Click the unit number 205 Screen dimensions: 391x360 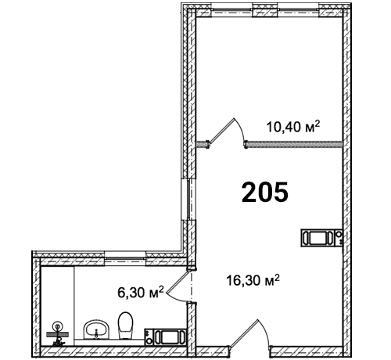[x=265, y=193]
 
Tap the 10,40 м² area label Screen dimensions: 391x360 [x=292, y=127]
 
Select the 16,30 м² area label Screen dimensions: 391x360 [x=253, y=280]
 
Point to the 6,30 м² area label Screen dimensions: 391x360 [x=141, y=292]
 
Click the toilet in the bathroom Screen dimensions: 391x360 [x=125, y=326]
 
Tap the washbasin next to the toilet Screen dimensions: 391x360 [x=96, y=329]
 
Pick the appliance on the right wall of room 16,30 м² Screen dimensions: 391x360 [x=321, y=238]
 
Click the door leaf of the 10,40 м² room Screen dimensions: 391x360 [x=221, y=131]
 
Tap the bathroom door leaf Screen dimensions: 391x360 [x=177, y=281]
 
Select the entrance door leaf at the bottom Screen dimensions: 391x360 [x=244, y=333]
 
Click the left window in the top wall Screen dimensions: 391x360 [x=231, y=10]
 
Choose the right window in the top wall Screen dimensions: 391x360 [x=298, y=10]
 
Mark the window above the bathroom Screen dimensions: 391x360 [x=125, y=257]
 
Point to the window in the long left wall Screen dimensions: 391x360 [x=191, y=199]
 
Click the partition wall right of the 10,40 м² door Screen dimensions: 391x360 [x=293, y=144]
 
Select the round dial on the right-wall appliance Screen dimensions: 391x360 [x=339, y=234]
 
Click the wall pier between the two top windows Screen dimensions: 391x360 [x=265, y=10]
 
